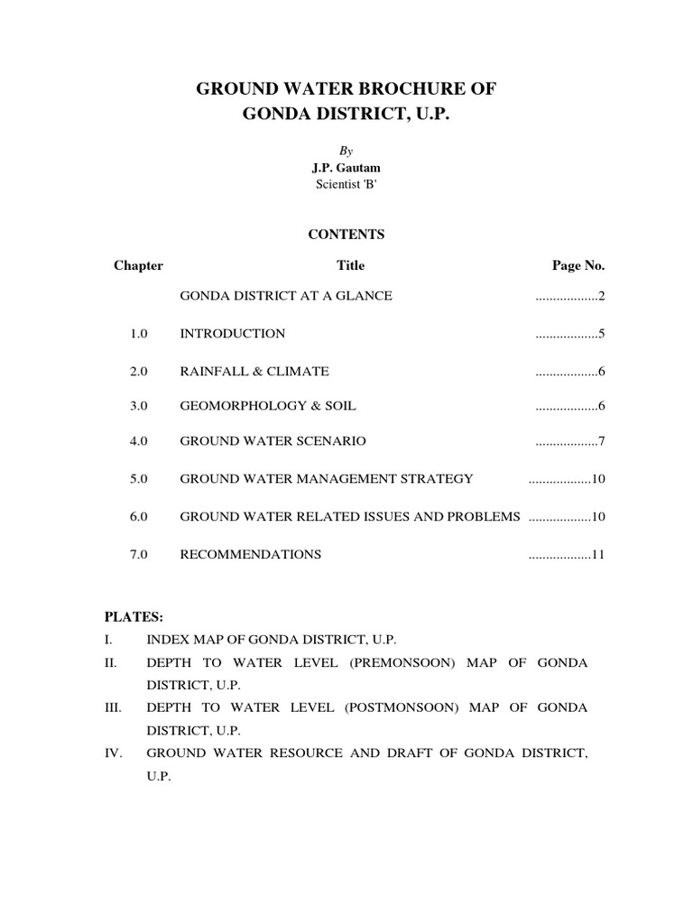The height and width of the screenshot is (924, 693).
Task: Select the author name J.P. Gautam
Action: (x=346, y=169)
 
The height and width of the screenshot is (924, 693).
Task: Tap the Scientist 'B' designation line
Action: (x=346, y=185)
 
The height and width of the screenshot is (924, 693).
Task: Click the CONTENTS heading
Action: (x=346, y=235)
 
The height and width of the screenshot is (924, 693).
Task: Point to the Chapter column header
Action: (x=138, y=265)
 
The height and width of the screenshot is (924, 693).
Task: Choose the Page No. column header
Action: (x=578, y=265)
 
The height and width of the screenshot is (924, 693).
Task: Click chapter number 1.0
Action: (x=138, y=334)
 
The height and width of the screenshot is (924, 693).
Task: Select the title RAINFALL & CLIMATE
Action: (x=254, y=371)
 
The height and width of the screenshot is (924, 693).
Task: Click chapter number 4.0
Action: (x=138, y=441)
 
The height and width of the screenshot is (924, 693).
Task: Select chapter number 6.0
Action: (x=138, y=516)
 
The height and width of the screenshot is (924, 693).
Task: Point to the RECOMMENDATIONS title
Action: (x=251, y=554)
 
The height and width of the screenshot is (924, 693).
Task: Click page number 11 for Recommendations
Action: (x=597, y=554)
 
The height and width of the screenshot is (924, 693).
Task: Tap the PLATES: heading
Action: (x=134, y=617)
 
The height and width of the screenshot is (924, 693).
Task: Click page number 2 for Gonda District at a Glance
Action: (x=600, y=296)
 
